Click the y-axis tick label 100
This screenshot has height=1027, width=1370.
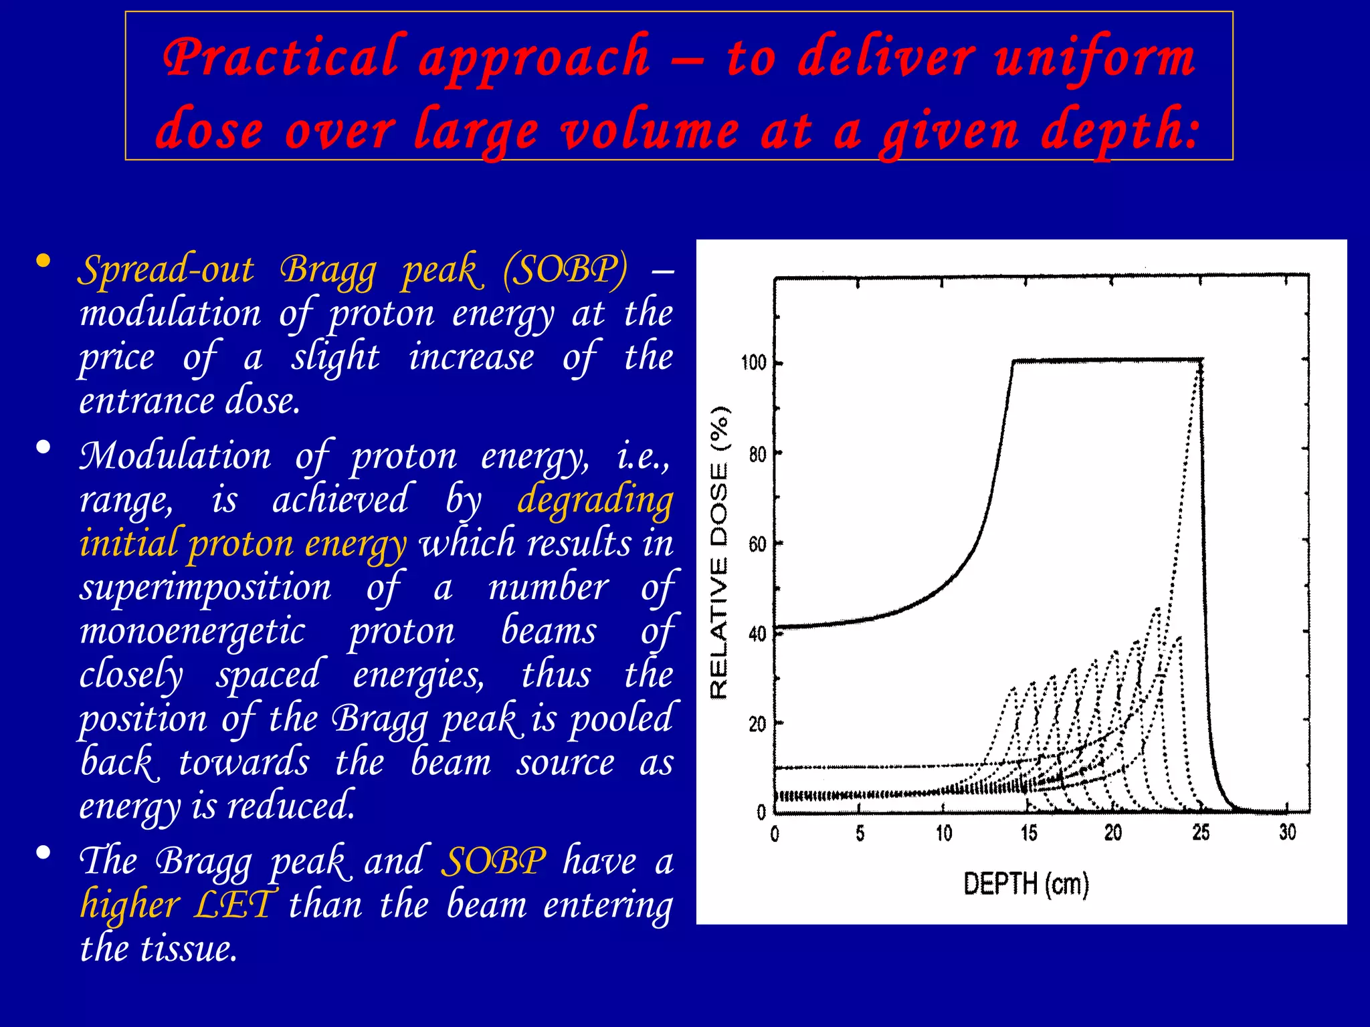[x=753, y=363]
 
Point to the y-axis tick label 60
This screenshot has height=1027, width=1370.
[x=757, y=544]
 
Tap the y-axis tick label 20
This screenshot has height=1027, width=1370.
[x=757, y=724]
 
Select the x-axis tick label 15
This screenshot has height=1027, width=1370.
[x=1028, y=833]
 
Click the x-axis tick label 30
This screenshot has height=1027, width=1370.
[x=1287, y=832]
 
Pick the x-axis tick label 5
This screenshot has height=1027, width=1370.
[x=860, y=833]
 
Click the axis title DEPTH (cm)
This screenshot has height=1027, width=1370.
[x=1026, y=884]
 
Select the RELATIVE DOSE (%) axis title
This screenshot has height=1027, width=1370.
[x=719, y=552]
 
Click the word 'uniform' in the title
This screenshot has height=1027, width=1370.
[x=1094, y=59]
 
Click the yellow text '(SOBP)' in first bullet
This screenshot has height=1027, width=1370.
[x=565, y=269]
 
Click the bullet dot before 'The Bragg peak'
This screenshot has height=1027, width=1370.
[x=44, y=852]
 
